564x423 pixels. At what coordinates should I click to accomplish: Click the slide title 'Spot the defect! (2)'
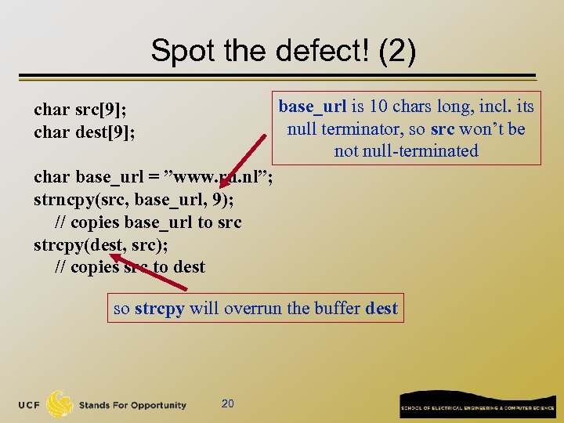coord(283,51)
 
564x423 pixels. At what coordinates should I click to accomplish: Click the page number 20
coord(228,403)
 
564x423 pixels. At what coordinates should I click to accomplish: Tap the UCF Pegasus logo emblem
coord(60,403)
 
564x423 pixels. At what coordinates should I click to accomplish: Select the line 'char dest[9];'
coord(85,132)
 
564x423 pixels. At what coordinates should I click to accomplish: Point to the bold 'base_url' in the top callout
coord(309,107)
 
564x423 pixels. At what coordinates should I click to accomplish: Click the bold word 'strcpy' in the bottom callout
coord(159,308)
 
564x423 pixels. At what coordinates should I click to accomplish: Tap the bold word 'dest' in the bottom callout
coord(381,308)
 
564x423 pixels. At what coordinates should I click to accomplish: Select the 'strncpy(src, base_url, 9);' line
coord(133,201)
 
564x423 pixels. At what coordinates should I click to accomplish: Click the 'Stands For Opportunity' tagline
coord(132,405)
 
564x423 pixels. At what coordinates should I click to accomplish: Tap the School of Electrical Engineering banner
coord(478,404)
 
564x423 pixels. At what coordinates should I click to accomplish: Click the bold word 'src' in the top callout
coord(443,128)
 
